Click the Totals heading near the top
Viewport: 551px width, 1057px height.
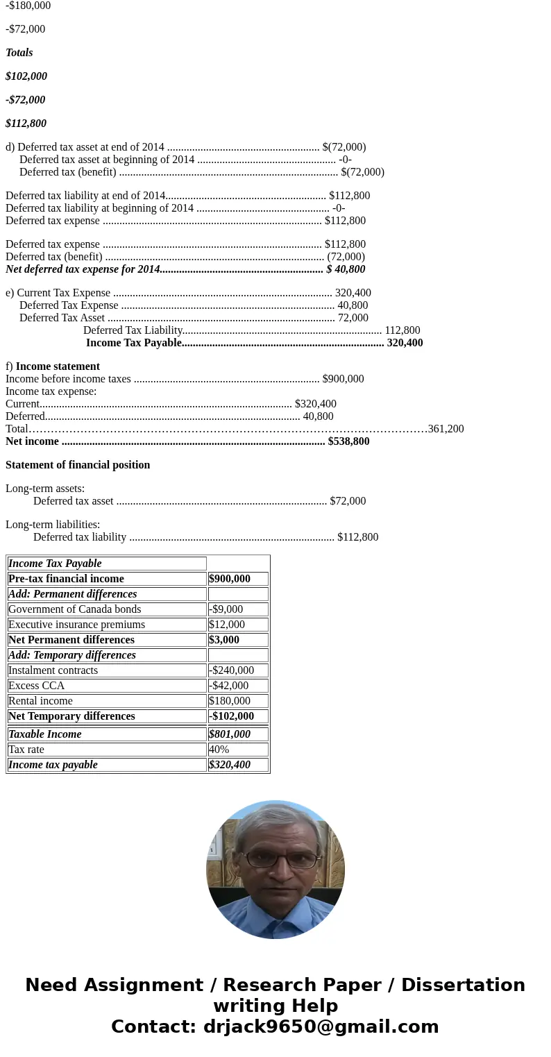[19, 53]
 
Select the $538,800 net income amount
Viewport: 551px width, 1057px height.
[348, 441]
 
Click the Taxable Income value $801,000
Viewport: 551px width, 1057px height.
[230, 734]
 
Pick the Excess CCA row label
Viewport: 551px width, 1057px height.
[36, 686]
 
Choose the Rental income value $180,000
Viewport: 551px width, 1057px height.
[230, 701]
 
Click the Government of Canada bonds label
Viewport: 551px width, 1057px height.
[74, 609]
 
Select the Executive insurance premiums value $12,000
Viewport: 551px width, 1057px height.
[227, 625]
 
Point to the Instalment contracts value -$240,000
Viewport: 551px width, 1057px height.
[231, 670]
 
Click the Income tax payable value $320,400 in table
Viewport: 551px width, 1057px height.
[230, 765]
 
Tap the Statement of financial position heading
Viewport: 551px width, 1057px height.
[78, 465]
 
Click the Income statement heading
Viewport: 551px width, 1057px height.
[58, 366]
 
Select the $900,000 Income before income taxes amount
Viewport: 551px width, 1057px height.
[343, 379]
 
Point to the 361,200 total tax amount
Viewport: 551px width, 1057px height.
[446, 429]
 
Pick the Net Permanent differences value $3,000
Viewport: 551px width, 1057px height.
[224, 640]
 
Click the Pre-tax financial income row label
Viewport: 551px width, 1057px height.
[66, 579]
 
